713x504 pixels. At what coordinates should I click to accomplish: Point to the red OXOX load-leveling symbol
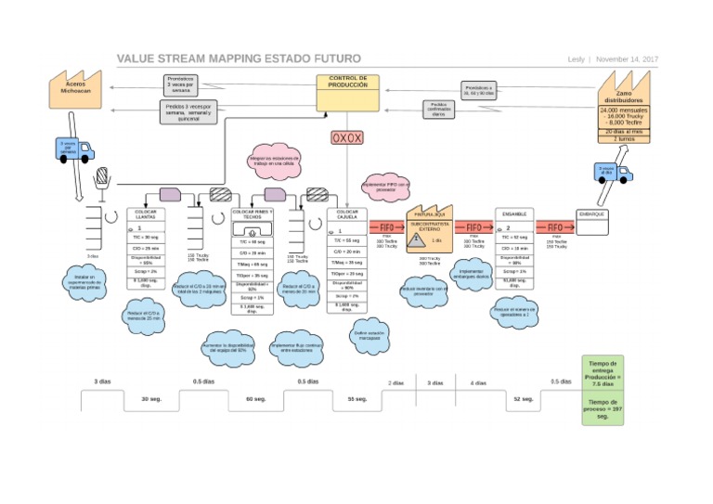348,138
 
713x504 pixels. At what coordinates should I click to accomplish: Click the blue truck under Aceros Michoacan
73,149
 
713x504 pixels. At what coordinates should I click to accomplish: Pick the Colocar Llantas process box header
146,214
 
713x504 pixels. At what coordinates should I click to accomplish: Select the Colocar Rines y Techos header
252,214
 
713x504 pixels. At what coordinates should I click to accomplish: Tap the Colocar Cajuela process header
347,214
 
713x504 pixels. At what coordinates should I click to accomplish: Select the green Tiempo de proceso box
604,410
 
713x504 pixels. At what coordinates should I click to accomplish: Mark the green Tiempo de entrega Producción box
604,374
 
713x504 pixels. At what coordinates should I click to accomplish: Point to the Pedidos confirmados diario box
439,110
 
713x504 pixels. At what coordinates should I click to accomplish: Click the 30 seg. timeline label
150,398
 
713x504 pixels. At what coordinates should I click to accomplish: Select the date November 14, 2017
627,59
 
